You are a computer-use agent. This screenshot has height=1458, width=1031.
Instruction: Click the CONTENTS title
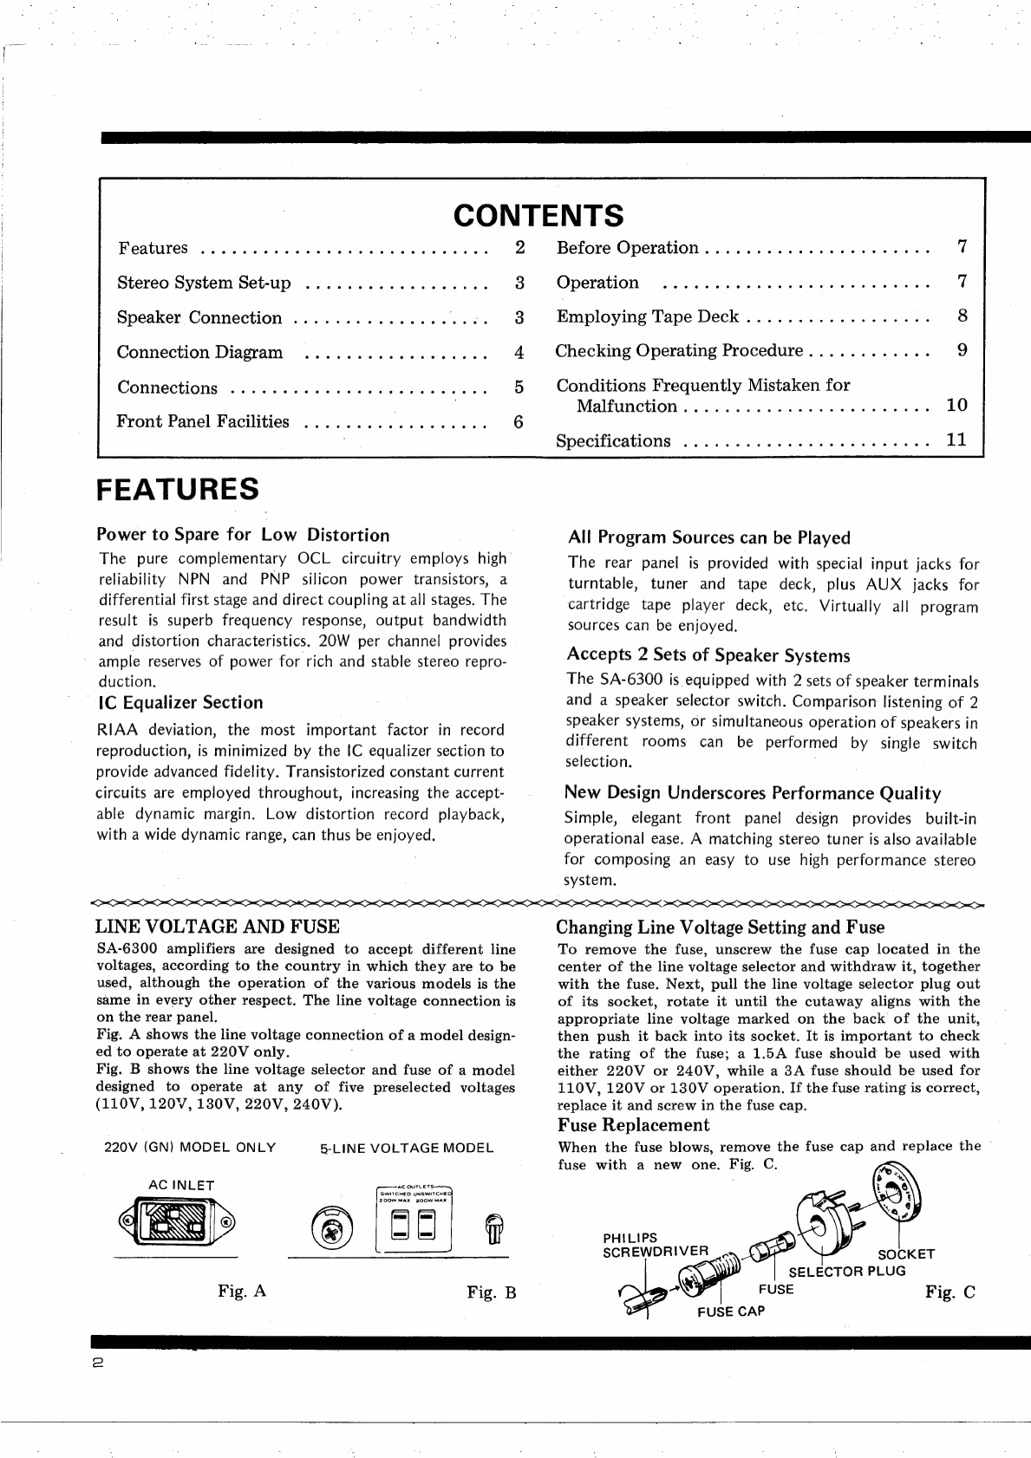(x=538, y=214)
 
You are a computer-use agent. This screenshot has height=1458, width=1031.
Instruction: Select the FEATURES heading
(x=178, y=489)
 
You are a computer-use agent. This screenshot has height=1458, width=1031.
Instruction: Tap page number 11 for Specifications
(x=956, y=439)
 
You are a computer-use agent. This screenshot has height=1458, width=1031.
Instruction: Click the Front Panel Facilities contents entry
(x=203, y=422)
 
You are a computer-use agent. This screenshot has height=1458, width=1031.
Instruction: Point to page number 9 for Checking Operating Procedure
(x=962, y=350)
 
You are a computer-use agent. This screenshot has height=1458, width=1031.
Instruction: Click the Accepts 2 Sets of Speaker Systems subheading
(x=708, y=655)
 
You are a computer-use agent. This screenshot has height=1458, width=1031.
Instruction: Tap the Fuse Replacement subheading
(x=633, y=1125)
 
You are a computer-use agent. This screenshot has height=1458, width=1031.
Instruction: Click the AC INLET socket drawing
(x=177, y=1223)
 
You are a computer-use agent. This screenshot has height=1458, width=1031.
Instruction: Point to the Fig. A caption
(x=242, y=1292)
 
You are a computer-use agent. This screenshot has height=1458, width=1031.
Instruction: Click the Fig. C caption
(x=949, y=1292)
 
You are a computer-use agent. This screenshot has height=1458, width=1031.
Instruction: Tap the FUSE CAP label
(x=731, y=1312)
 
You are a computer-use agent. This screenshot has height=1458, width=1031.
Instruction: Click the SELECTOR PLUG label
(x=846, y=1272)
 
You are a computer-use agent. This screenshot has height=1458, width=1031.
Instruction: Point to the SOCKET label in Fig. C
(x=906, y=1254)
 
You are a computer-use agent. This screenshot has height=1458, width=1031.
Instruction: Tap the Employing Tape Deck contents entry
(x=647, y=317)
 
